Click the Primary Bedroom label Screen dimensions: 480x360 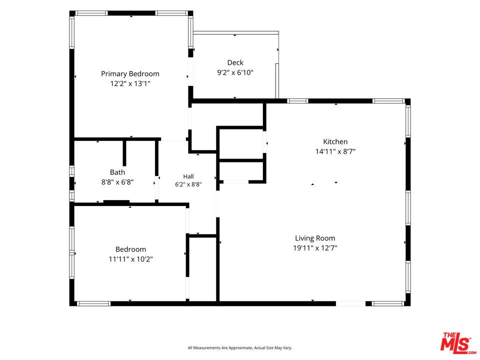tap(130, 74)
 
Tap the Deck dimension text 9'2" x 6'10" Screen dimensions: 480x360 tap(235, 72)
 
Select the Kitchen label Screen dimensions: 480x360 tap(335, 141)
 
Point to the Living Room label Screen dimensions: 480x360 tap(315, 238)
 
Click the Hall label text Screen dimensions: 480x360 tap(188, 176)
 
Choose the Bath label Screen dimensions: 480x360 tap(117, 172)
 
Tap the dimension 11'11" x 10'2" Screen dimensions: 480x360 tap(130, 259)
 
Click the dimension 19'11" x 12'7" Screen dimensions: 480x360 tap(315, 248)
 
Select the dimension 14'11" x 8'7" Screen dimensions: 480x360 tap(335, 151)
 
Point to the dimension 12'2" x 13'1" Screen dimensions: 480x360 tap(130, 83)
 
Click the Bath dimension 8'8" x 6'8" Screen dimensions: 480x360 tap(117, 182)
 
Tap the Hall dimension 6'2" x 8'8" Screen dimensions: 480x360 tap(188, 184)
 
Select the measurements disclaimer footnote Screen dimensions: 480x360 tap(239, 348)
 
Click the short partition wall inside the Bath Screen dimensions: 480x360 tap(124, 153)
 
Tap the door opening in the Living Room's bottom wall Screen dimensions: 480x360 tap(351, 303)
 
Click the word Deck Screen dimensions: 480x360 tap(235, 62)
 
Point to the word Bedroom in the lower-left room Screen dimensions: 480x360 tap(130, 249)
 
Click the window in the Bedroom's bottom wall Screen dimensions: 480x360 tap(93, 303)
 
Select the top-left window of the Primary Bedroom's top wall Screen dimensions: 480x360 tap(91, 13)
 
